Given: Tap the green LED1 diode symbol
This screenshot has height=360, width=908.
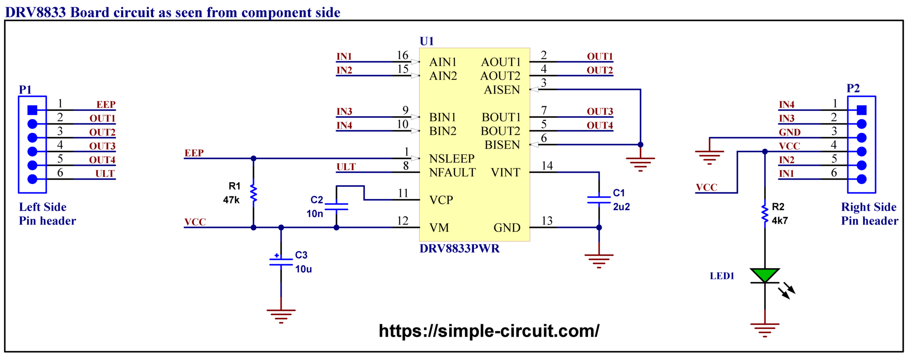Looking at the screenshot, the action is (x=765, y=275).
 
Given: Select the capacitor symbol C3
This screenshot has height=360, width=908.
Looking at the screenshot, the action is (x=281, y=261).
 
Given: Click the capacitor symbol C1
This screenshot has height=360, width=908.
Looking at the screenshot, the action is (x=599, y=200).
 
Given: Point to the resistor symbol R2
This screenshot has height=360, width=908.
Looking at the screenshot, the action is (x=765, y=213).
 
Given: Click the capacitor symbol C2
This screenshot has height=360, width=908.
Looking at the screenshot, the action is (x=336, y=207).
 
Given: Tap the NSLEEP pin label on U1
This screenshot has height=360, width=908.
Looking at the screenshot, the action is (x=452, y=158).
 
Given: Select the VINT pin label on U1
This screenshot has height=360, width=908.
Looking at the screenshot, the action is (x=505, y=172).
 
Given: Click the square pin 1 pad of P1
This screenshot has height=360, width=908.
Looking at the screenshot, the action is (x=32, y=110).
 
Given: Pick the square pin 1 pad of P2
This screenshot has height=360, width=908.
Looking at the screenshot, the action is (x=861, y=110).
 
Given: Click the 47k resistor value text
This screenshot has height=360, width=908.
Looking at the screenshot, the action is (x=231, y=200).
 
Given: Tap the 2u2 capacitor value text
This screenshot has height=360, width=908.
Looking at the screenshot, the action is (x=621, y=207).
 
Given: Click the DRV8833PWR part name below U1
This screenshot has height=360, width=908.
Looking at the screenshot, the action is (x=459, y=248).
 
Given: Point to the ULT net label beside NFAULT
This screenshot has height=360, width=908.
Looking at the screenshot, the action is (x=346, y=167).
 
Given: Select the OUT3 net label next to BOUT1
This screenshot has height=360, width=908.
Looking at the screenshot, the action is (x=600, y=111).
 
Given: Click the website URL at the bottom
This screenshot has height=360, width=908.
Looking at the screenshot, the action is (x=489, y=331).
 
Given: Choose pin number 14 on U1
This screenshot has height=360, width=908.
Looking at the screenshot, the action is (x=547, y=165).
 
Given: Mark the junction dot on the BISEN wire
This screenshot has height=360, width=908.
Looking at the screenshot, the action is (x=640, y=145).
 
